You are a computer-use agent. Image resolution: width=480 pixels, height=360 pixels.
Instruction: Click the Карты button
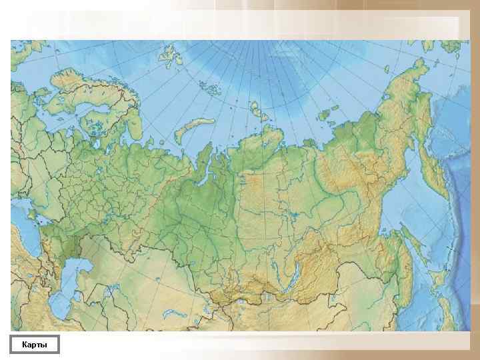(x=35, y=345)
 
